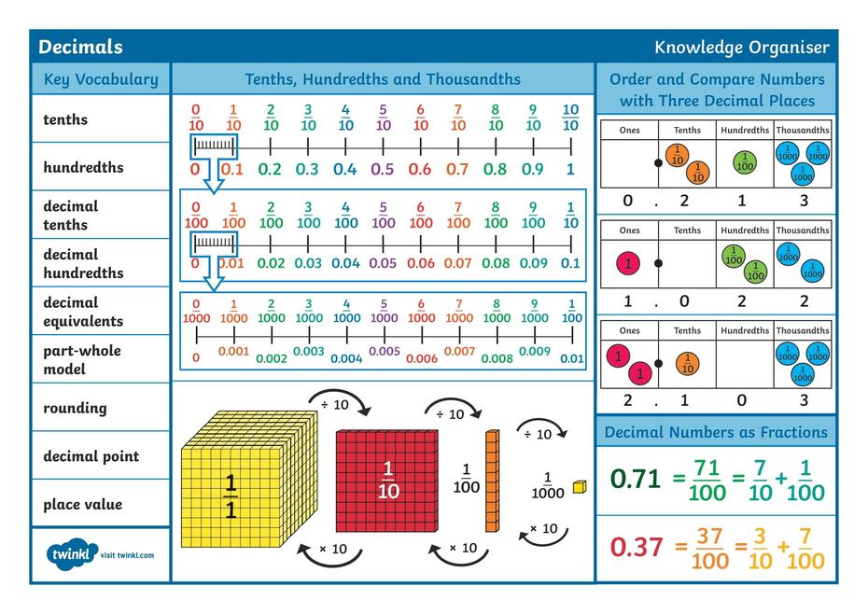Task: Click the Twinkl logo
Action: pyautogui.click(x=72, y=554)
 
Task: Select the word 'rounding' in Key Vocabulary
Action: pyautogui.click(x=75, y=408)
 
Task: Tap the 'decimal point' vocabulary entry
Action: pyautogui.click(x=91, y=456)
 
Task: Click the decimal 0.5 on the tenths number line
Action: pyautogui.click(x=383, y=170)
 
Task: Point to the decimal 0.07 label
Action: pyautogui.click(x=457, y=263)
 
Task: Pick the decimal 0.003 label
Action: pyautogui.click(x=308, y=352)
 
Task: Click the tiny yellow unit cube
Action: pyautogui.click(x=580, y=486)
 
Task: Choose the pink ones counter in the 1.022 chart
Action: pyautogui.click(x=628, y=264)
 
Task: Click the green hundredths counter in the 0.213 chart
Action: pyautogui.click(x=745, y=162)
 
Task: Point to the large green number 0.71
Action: pyautogui.click(x=636, y=479)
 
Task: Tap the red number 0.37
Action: pyautogui.click(x=636, y=547)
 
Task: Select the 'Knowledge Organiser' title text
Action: pyautogui.click(x=741, y=48)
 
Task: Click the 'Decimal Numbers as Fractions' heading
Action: pyautogui.click(x=716, y=432)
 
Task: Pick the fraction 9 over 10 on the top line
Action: pyautogui.click(x=533, y=118)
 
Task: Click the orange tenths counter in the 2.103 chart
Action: pyautogui.click(x=687, y=363)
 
